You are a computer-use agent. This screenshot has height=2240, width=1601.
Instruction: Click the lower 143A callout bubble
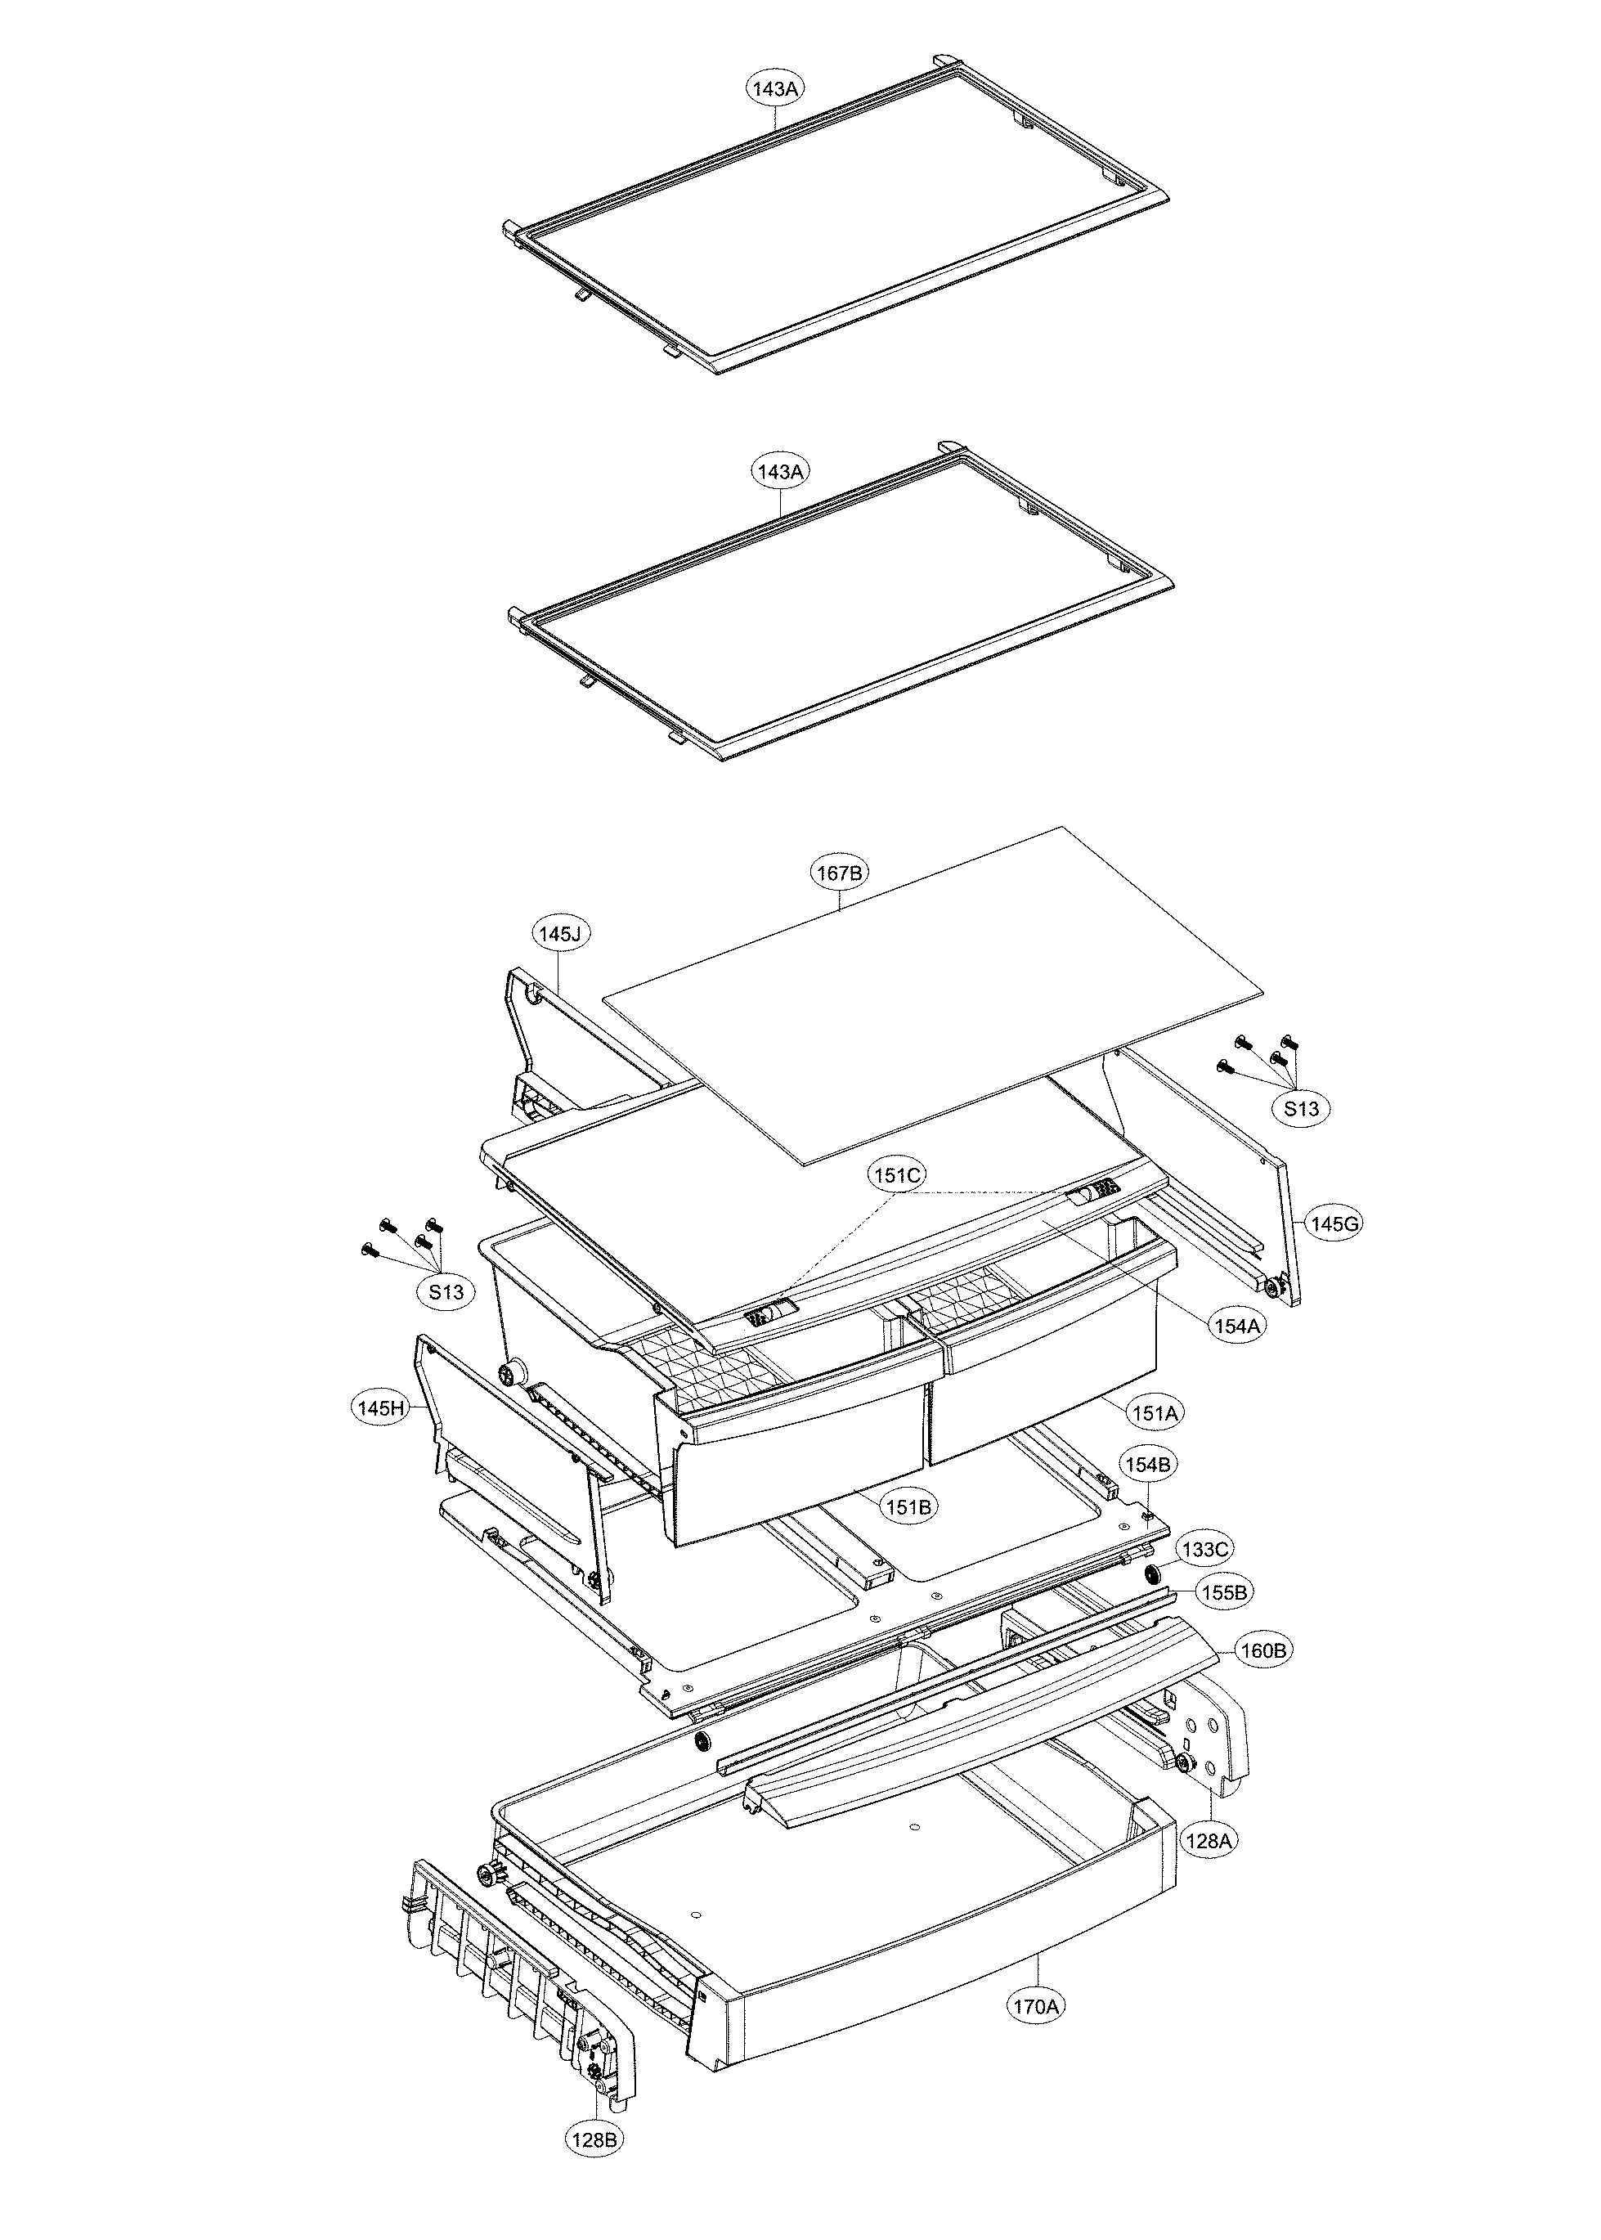[780, 471]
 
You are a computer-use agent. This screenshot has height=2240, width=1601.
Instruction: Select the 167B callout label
[839, 873]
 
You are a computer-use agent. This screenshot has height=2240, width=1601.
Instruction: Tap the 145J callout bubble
[560, 932]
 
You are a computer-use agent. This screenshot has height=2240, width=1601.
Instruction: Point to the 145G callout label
[1334, 1223]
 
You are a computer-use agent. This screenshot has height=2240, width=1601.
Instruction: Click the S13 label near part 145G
[1300, 1108]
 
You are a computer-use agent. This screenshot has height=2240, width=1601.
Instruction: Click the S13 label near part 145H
[446, 1291]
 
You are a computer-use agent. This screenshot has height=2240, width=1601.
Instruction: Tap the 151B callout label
[909, 1506]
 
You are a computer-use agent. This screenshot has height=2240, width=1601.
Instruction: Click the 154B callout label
[1147, 1465]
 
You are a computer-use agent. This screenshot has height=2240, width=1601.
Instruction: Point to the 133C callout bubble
[1204, 1549]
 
